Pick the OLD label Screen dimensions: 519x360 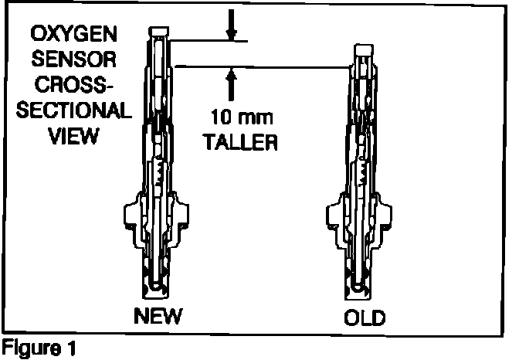[364, 317]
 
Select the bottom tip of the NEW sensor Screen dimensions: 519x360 [158, 289]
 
